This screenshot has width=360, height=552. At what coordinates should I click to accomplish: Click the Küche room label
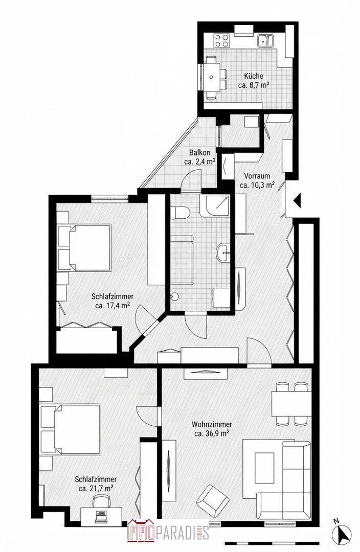click(253, 76)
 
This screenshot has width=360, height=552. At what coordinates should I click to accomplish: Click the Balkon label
click(200, 153)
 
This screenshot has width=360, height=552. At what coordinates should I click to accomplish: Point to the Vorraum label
click(257, 176)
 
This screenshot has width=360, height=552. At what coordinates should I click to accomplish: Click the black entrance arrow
click(297, 201)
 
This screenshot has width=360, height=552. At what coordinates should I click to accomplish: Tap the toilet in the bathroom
click(180, 212)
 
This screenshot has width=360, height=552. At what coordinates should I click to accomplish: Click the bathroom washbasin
click(223, 252)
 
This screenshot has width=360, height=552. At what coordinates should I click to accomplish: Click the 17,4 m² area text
click(112, 306)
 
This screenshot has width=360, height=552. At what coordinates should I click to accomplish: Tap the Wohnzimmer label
click(212, 425)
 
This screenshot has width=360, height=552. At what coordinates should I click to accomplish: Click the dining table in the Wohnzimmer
click(291, 403)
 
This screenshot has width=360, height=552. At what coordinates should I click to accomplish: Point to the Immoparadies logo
click(168, 531)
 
